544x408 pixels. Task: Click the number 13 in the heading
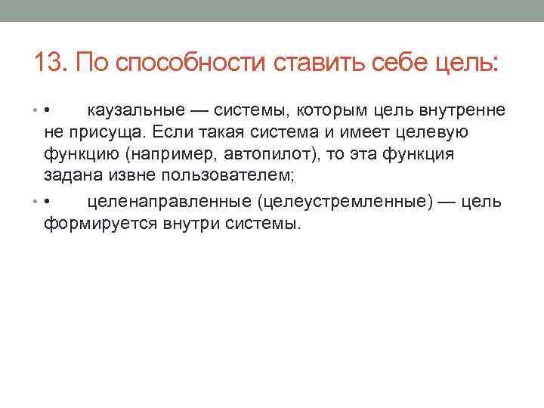click(x=46, y=61)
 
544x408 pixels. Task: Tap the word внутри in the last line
click(x=187, y=224)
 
